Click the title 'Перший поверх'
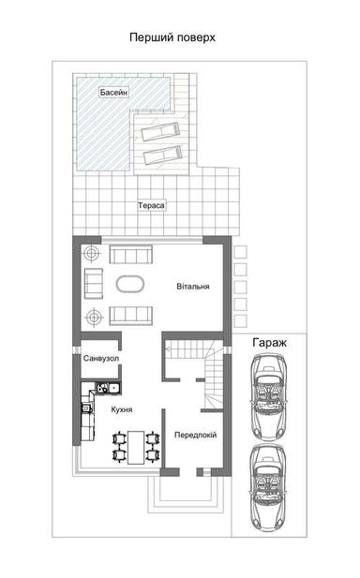click(172, 38)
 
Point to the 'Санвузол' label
click(99, 360)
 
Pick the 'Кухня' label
click(121, 409)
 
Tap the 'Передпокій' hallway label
click(196, 435)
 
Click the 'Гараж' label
click(269, 344)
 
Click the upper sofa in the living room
click(129, 254)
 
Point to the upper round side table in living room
click(93, 254)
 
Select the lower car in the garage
click(269, 484)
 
